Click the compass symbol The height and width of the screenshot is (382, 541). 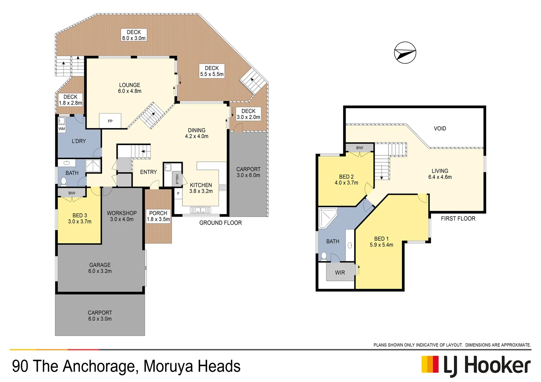tap(405, 53)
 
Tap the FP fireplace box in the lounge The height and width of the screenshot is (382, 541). tap(110, 121)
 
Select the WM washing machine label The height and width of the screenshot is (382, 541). tap(62, 129)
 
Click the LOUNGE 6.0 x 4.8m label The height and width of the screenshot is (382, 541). tap(130, 88)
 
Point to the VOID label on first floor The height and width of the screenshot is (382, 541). tap(440, 128)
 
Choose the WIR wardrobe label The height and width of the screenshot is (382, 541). tap(340, 272)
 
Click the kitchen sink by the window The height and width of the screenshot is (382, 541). tap(200, 210)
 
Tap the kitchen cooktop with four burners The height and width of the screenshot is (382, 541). tap(223, 187)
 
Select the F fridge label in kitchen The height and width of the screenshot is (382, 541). tap(178, 193)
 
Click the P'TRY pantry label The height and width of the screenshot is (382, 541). tap(177, 179)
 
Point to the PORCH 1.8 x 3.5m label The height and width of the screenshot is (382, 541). tap(158, 216)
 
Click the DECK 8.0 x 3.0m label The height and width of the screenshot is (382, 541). tap(134, 35)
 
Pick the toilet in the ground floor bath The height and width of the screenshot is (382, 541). tap(63, 181)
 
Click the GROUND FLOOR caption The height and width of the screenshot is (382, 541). tap(221, 223)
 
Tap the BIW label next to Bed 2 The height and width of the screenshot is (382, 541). tap(360, 148)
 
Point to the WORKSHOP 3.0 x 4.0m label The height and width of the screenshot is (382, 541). tap(122, 216)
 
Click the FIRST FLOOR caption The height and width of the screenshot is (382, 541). tap(458, 219)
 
